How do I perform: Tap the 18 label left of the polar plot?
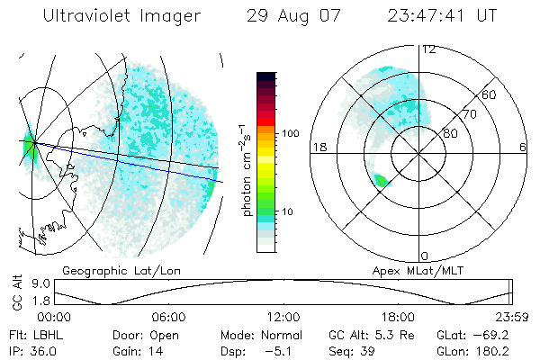[318, 147]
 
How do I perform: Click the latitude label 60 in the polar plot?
[490, 94]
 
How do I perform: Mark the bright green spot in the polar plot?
[382, 181]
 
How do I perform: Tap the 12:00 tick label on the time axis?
[283, 317]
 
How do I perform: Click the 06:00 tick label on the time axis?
[168, 317]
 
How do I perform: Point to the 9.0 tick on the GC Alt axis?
[39, 282]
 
